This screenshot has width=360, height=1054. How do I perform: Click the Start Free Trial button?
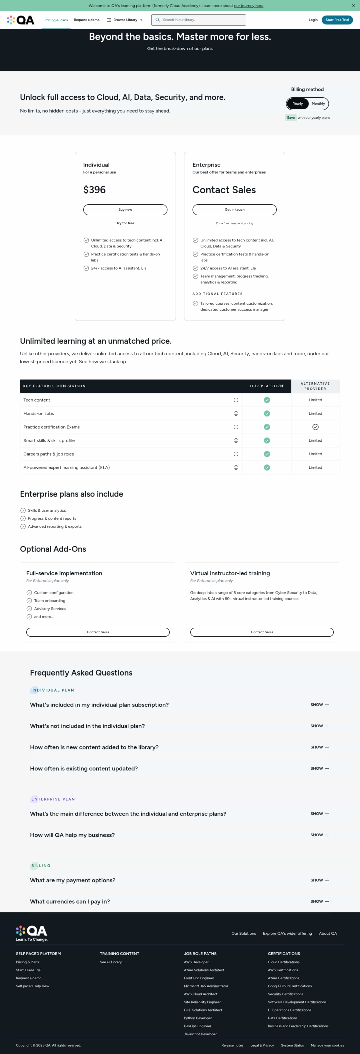(x=337, y=20)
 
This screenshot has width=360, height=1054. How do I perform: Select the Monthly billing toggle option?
(x=318, y=103)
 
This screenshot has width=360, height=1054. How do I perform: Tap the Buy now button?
(x=125, y=209)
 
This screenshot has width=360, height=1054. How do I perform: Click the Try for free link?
(x=125, y=223)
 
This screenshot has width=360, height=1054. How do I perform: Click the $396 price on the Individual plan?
(x=94, y=190)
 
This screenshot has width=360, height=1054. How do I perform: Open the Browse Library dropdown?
(x=125, y=20)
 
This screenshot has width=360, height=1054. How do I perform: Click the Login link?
(x=313, y=20)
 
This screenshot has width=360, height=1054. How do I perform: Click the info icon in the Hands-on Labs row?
(x=236, y=414)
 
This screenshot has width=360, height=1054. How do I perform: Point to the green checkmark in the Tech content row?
(x=267, y=400)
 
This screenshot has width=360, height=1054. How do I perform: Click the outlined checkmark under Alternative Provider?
(x=315, y=427)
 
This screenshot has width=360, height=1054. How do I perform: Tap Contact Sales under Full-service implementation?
(x=98, y=632)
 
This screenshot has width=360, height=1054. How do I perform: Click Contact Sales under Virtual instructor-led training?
(x=262, y=632)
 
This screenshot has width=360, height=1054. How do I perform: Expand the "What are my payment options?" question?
(x=319, y=880)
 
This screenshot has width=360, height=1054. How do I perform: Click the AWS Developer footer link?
(x=196, y=962)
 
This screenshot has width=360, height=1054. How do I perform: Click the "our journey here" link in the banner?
(x=249, y=6)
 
